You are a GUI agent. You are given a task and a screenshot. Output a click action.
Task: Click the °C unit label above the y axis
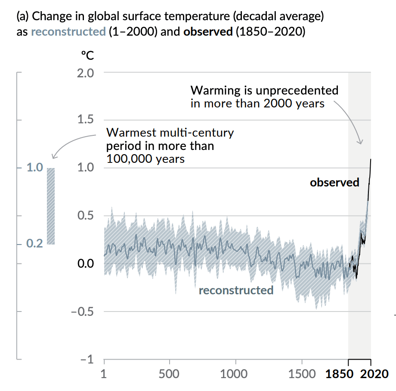point(87,56)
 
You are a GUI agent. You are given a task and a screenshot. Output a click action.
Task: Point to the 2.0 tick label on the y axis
point(85,72)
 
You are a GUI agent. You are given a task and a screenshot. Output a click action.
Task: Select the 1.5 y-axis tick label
point(85,120)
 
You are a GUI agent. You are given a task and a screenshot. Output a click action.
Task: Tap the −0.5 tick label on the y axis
point(82,311)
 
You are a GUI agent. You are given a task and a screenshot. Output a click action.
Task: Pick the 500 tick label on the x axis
point(170,373)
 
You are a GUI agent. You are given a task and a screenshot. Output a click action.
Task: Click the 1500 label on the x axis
point(301,373)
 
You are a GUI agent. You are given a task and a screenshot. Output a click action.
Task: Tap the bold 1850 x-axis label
point(340,373)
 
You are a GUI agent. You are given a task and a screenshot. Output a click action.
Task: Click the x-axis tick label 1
point(104,373)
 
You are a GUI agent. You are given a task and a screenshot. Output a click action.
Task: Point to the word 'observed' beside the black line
point(334,183)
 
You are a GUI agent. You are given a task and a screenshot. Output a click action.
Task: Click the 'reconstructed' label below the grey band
point(236,290)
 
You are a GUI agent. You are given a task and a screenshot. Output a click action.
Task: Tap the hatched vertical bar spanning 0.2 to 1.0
point(51,206)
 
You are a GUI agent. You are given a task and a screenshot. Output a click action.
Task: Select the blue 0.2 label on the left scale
point(34,244)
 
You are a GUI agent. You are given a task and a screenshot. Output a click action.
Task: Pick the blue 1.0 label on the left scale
point(34,168)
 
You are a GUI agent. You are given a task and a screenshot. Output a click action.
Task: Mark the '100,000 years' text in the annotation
point(145,159)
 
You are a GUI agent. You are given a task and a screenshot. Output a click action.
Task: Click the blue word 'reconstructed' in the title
point(68,32)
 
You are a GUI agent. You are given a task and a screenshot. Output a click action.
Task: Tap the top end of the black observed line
point(371,160)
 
